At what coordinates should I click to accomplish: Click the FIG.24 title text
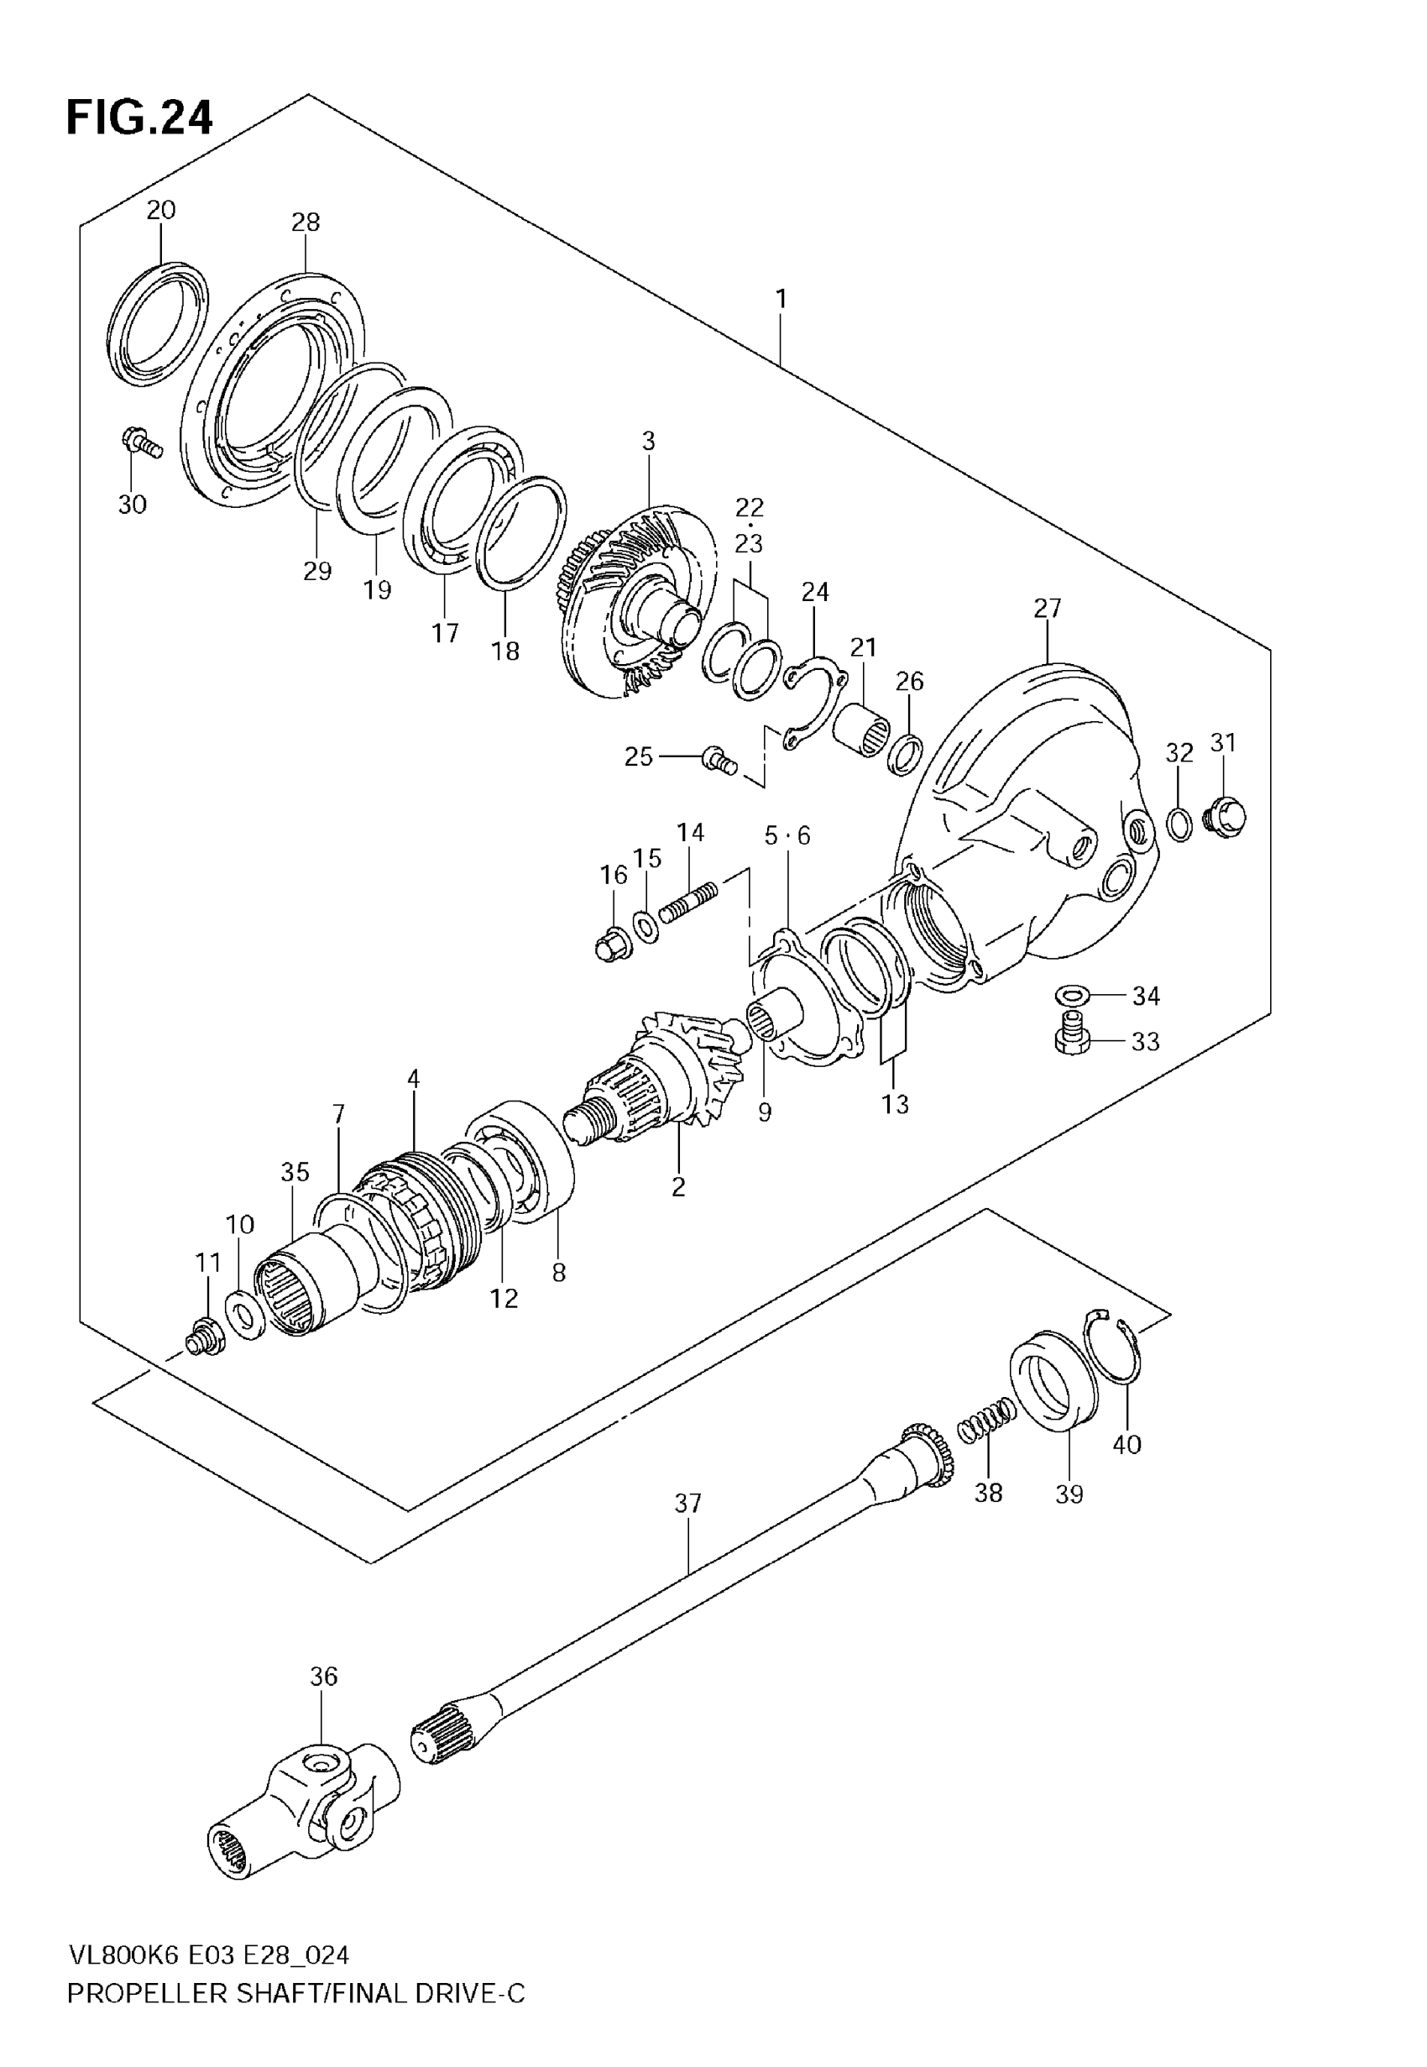pyautogui.click(x=139, y=117)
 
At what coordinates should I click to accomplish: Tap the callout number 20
pyautogui.click(x=161, y=210)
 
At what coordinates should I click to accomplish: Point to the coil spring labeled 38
pyautogui.click(x=986, y=1420)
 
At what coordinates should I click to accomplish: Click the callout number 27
pyautogui.click(x=1047, y=608)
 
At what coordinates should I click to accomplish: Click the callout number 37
pyautogui.click(x=687, y=1504)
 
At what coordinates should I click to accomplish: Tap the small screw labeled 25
pyautogui.click(x=718, y=760)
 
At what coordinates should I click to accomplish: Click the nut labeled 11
pyautogui.click(x=204, y=1338)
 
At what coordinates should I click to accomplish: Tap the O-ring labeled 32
pyautogui.click(x=1179, y=824)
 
